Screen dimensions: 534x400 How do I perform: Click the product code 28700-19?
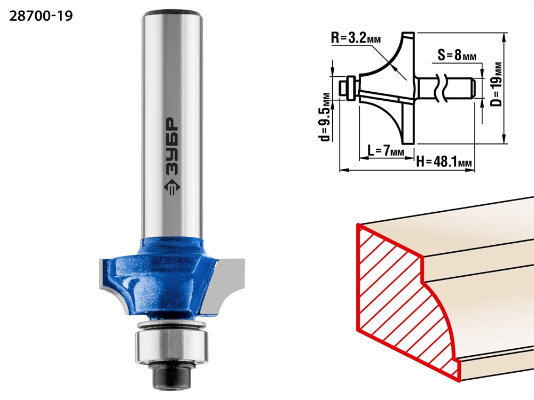click(41, 16)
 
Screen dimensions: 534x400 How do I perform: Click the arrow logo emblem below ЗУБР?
click(171, 188)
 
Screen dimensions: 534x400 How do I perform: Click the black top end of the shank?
click(171, 14)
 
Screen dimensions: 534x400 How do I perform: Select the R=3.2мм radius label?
click(356, 38)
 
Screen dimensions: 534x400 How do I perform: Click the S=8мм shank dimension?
click(457, 55)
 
